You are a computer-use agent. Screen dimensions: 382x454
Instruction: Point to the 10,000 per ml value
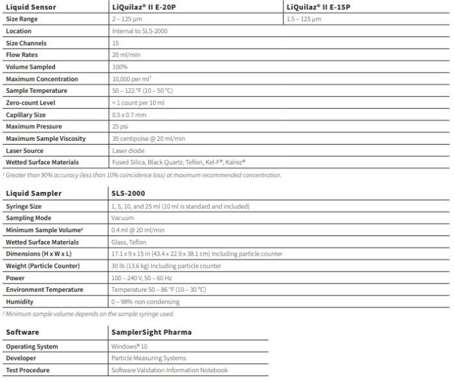[132, 79]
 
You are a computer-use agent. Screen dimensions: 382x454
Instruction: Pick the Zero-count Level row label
[30, 103]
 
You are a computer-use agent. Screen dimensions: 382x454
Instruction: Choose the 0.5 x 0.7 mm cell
[129, 115]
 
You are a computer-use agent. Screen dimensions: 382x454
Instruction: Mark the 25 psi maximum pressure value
[120, 126]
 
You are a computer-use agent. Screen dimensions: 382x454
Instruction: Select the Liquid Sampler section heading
[34, 193]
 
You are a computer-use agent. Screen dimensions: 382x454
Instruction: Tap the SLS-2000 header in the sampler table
[128, 193]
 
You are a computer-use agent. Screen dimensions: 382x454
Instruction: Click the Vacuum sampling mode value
[123, 218]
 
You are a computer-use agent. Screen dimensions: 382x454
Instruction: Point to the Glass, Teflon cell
[130, 242]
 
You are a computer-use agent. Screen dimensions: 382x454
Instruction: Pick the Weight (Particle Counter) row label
[43, 266]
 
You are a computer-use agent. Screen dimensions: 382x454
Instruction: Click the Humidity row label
[19, 302]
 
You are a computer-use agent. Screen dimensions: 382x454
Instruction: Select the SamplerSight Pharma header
[151, 332]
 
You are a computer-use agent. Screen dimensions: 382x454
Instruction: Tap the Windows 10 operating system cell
[130, 346]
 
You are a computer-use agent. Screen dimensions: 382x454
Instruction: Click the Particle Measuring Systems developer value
[149, 358]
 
